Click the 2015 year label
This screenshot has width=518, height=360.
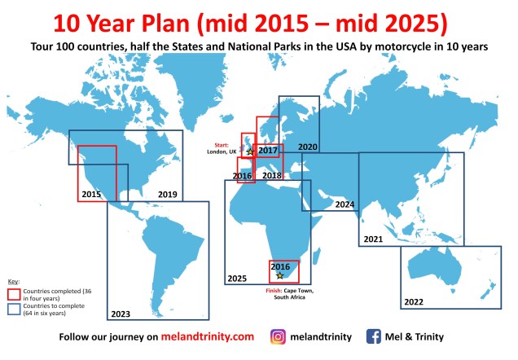(91, 195)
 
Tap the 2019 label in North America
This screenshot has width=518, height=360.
(168, 195)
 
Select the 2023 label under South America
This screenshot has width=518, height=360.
(120, 314)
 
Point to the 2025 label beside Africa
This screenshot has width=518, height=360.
(237, 279)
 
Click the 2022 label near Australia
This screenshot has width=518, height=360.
(414, 302)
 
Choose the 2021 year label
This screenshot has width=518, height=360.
(373, 239)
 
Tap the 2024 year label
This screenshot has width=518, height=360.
(345, 204)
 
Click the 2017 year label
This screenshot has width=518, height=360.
(269, 151)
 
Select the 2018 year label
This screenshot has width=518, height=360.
(272, 176)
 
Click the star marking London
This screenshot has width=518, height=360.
(250, 152)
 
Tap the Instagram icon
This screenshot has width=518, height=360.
(278, 336)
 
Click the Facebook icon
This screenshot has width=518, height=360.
(375, 336)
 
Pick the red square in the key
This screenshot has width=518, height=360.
(14, 292)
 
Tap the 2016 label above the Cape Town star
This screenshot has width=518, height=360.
(280, 266)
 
